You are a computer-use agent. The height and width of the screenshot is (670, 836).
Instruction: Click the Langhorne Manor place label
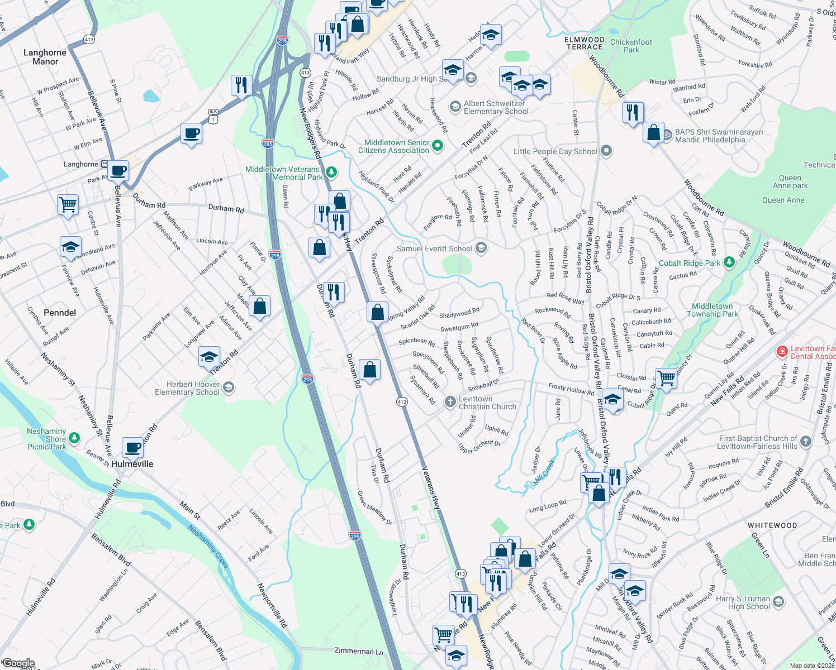pyautogui.click(x=45, y=57)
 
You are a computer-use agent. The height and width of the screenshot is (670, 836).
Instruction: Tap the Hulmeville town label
pyautogui.click(x=132, y=464)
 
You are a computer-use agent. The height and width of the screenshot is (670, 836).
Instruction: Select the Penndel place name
pyautogui.click(x=60, y=313)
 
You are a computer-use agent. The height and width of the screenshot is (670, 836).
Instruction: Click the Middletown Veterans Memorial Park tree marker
pyautogui.click(x=331, y=172)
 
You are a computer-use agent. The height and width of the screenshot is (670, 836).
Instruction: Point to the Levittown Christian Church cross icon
pyautogui.click(x=450, y=402)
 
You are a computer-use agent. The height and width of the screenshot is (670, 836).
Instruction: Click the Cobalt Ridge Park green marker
pyautogui.click(x=729, y=262)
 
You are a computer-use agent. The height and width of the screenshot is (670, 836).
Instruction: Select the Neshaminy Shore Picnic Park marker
pyautogui.click(x=74, y=438)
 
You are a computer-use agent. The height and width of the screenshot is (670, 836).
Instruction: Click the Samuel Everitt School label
pyautogui.click(x=434, y=248)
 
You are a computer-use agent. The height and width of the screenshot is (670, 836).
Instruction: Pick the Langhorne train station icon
pyautogui.click(x=104, y=164)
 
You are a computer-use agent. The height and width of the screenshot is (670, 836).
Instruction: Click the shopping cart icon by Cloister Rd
pyautogui.click(x=666, y=378)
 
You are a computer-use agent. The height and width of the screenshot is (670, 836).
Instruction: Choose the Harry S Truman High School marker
pyautogui.click(x=778, y=602)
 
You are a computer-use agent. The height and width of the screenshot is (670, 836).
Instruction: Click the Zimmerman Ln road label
pyautogui.click(x=359, y=651)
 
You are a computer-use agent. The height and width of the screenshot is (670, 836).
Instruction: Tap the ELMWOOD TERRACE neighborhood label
pyautogui.click(x=585, y=43)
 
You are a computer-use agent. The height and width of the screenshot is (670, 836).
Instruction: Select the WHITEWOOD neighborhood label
pyautogui.click(x=772, y=525)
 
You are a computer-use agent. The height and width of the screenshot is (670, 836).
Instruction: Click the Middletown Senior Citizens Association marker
pyautogui.click(x=438, y=146)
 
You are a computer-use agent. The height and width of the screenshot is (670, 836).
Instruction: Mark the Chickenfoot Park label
pyautogui.click(x=631, y=46)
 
